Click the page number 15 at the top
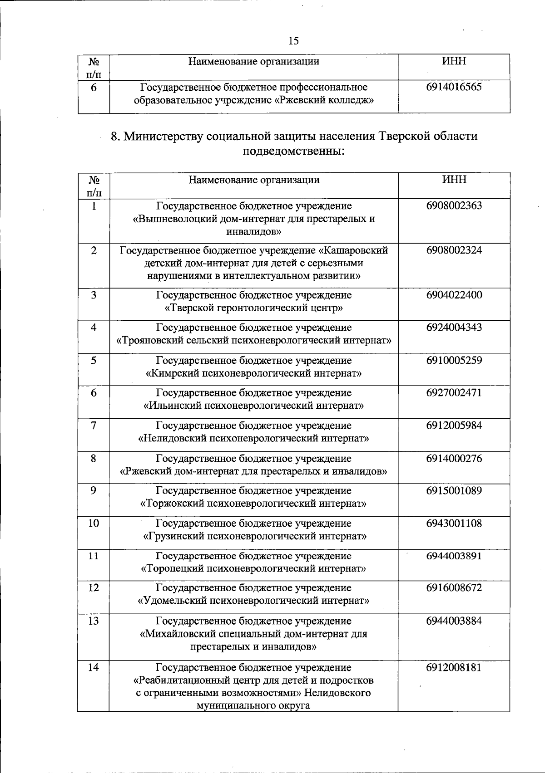point(293,41)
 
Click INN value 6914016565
point(454,87)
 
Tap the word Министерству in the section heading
point(163,136)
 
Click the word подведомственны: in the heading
point(294,150)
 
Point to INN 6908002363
point(454,206)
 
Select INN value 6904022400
point(454,295)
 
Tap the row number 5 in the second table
point(94,361)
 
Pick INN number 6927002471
point(454,393)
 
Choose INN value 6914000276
point(454,459)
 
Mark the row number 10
point(94,523)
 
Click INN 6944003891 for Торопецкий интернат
point(454,556)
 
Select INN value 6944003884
point(454,621)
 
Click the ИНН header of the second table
point(454,180)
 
